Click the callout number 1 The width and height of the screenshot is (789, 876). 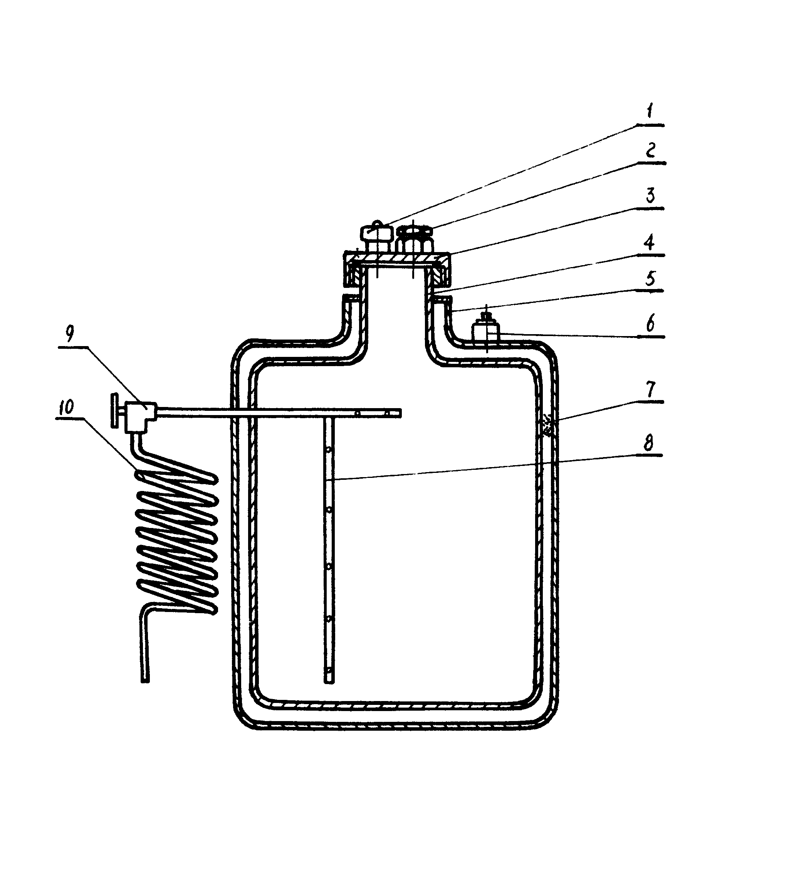pyautogui.click(x=649, y=111)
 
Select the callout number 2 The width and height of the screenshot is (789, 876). pyautogui.click(x=650, y=150)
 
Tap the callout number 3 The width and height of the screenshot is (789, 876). pyautogui.click(x=650, y=196)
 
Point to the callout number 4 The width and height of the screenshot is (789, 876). pyautogui.click(x=649, y=242)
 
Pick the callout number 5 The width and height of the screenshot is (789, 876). pyautogui.click(x=650, y=278)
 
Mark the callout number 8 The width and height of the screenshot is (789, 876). pyautogui.click(x=648, y=443)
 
